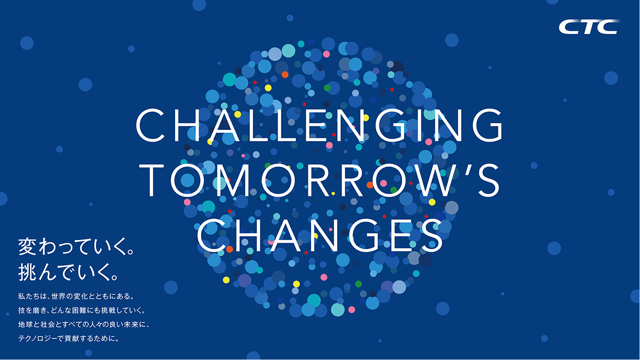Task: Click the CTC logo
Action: (x=589, y=27)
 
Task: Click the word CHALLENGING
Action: (x=319, y=125)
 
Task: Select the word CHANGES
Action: (x=320, y=235)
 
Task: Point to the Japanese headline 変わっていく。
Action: (x=76, y=247)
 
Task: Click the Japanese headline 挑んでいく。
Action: (x=68, y=272)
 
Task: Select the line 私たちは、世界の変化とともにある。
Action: (x=76, y=296)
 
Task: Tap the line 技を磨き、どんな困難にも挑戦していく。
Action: (x=82, y=310)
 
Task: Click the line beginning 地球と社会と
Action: (x=84, y=324)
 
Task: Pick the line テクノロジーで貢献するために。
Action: (x=69, y=338)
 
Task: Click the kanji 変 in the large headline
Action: (x=27, y=247)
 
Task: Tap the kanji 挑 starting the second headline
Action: (x=27, y=272)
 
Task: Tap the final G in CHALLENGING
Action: (x=487, y=125)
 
